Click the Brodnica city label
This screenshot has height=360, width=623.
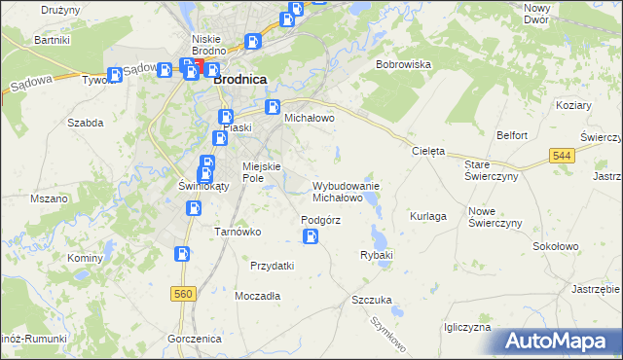[x=240, y=81]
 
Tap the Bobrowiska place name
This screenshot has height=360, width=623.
[x=404, y=64]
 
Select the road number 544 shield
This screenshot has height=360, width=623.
[x=561, y=155]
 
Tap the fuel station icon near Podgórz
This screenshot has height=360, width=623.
[x=311, y=236]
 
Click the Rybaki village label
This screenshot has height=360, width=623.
[x=376, y=255]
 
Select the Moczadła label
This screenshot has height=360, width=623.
[x=258, y=295]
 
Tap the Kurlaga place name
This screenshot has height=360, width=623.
[x=428, y=215]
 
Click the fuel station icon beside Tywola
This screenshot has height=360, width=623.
[x=116, y=74]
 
